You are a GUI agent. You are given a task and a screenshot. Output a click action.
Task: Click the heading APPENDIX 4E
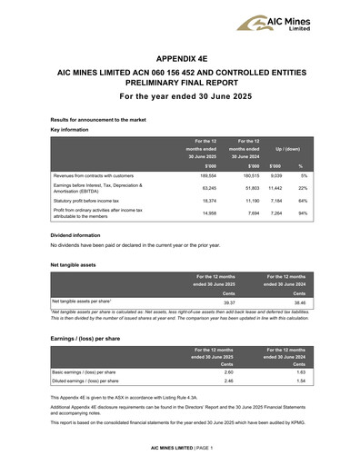(x=180, y=55)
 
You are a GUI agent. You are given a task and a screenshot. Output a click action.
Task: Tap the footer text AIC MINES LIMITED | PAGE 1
(x=180, y=450)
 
